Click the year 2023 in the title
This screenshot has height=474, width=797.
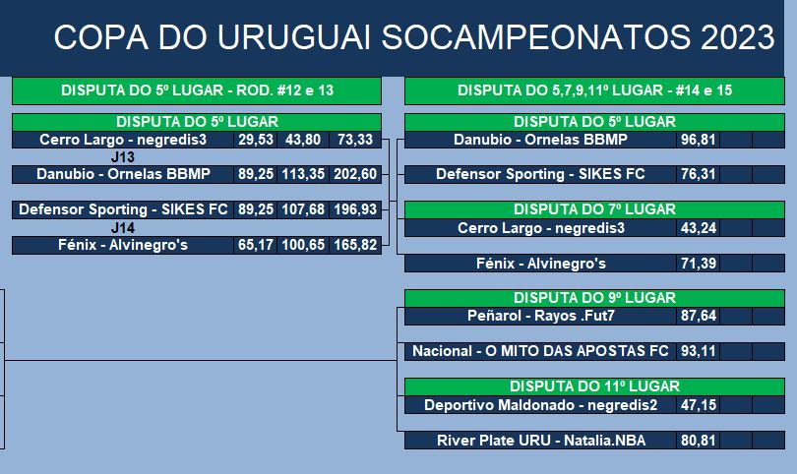click(x=738, y=37)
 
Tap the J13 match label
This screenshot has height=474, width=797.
click(x=122, y=157)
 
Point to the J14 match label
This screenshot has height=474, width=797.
click(x=122, y=227)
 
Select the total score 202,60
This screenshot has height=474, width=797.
click(x=355, y=174)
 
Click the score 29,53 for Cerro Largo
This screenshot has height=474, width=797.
click(x=256, y=140)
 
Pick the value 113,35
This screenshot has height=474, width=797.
click(x=303, y=174)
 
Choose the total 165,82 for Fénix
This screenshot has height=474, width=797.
click(x=355, y=245)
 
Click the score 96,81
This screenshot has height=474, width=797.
click(x=699, y=140)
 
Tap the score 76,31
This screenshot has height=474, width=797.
click(x=699, y=174)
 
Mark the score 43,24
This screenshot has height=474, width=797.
click(x=699, y=228)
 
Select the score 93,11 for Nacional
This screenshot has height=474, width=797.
click(x=699, y=351)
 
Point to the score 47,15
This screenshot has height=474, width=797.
click(x=699, y=405)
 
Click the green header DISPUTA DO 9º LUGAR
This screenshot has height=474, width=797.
click(x=594, y=298)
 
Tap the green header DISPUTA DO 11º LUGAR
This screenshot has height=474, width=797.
click(x=594, y=386)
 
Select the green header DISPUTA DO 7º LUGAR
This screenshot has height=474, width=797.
click(x=594, y=209)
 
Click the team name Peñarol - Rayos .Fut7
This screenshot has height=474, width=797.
click(x=541, y=316)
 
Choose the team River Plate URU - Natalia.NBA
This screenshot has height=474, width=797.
click(x=541, y=440)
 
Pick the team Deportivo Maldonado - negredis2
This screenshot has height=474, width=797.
click(x=541, y=405)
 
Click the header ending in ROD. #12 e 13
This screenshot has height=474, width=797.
click(x=197, y=90)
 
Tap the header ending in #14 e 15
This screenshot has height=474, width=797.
click(x=594, y=90)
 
